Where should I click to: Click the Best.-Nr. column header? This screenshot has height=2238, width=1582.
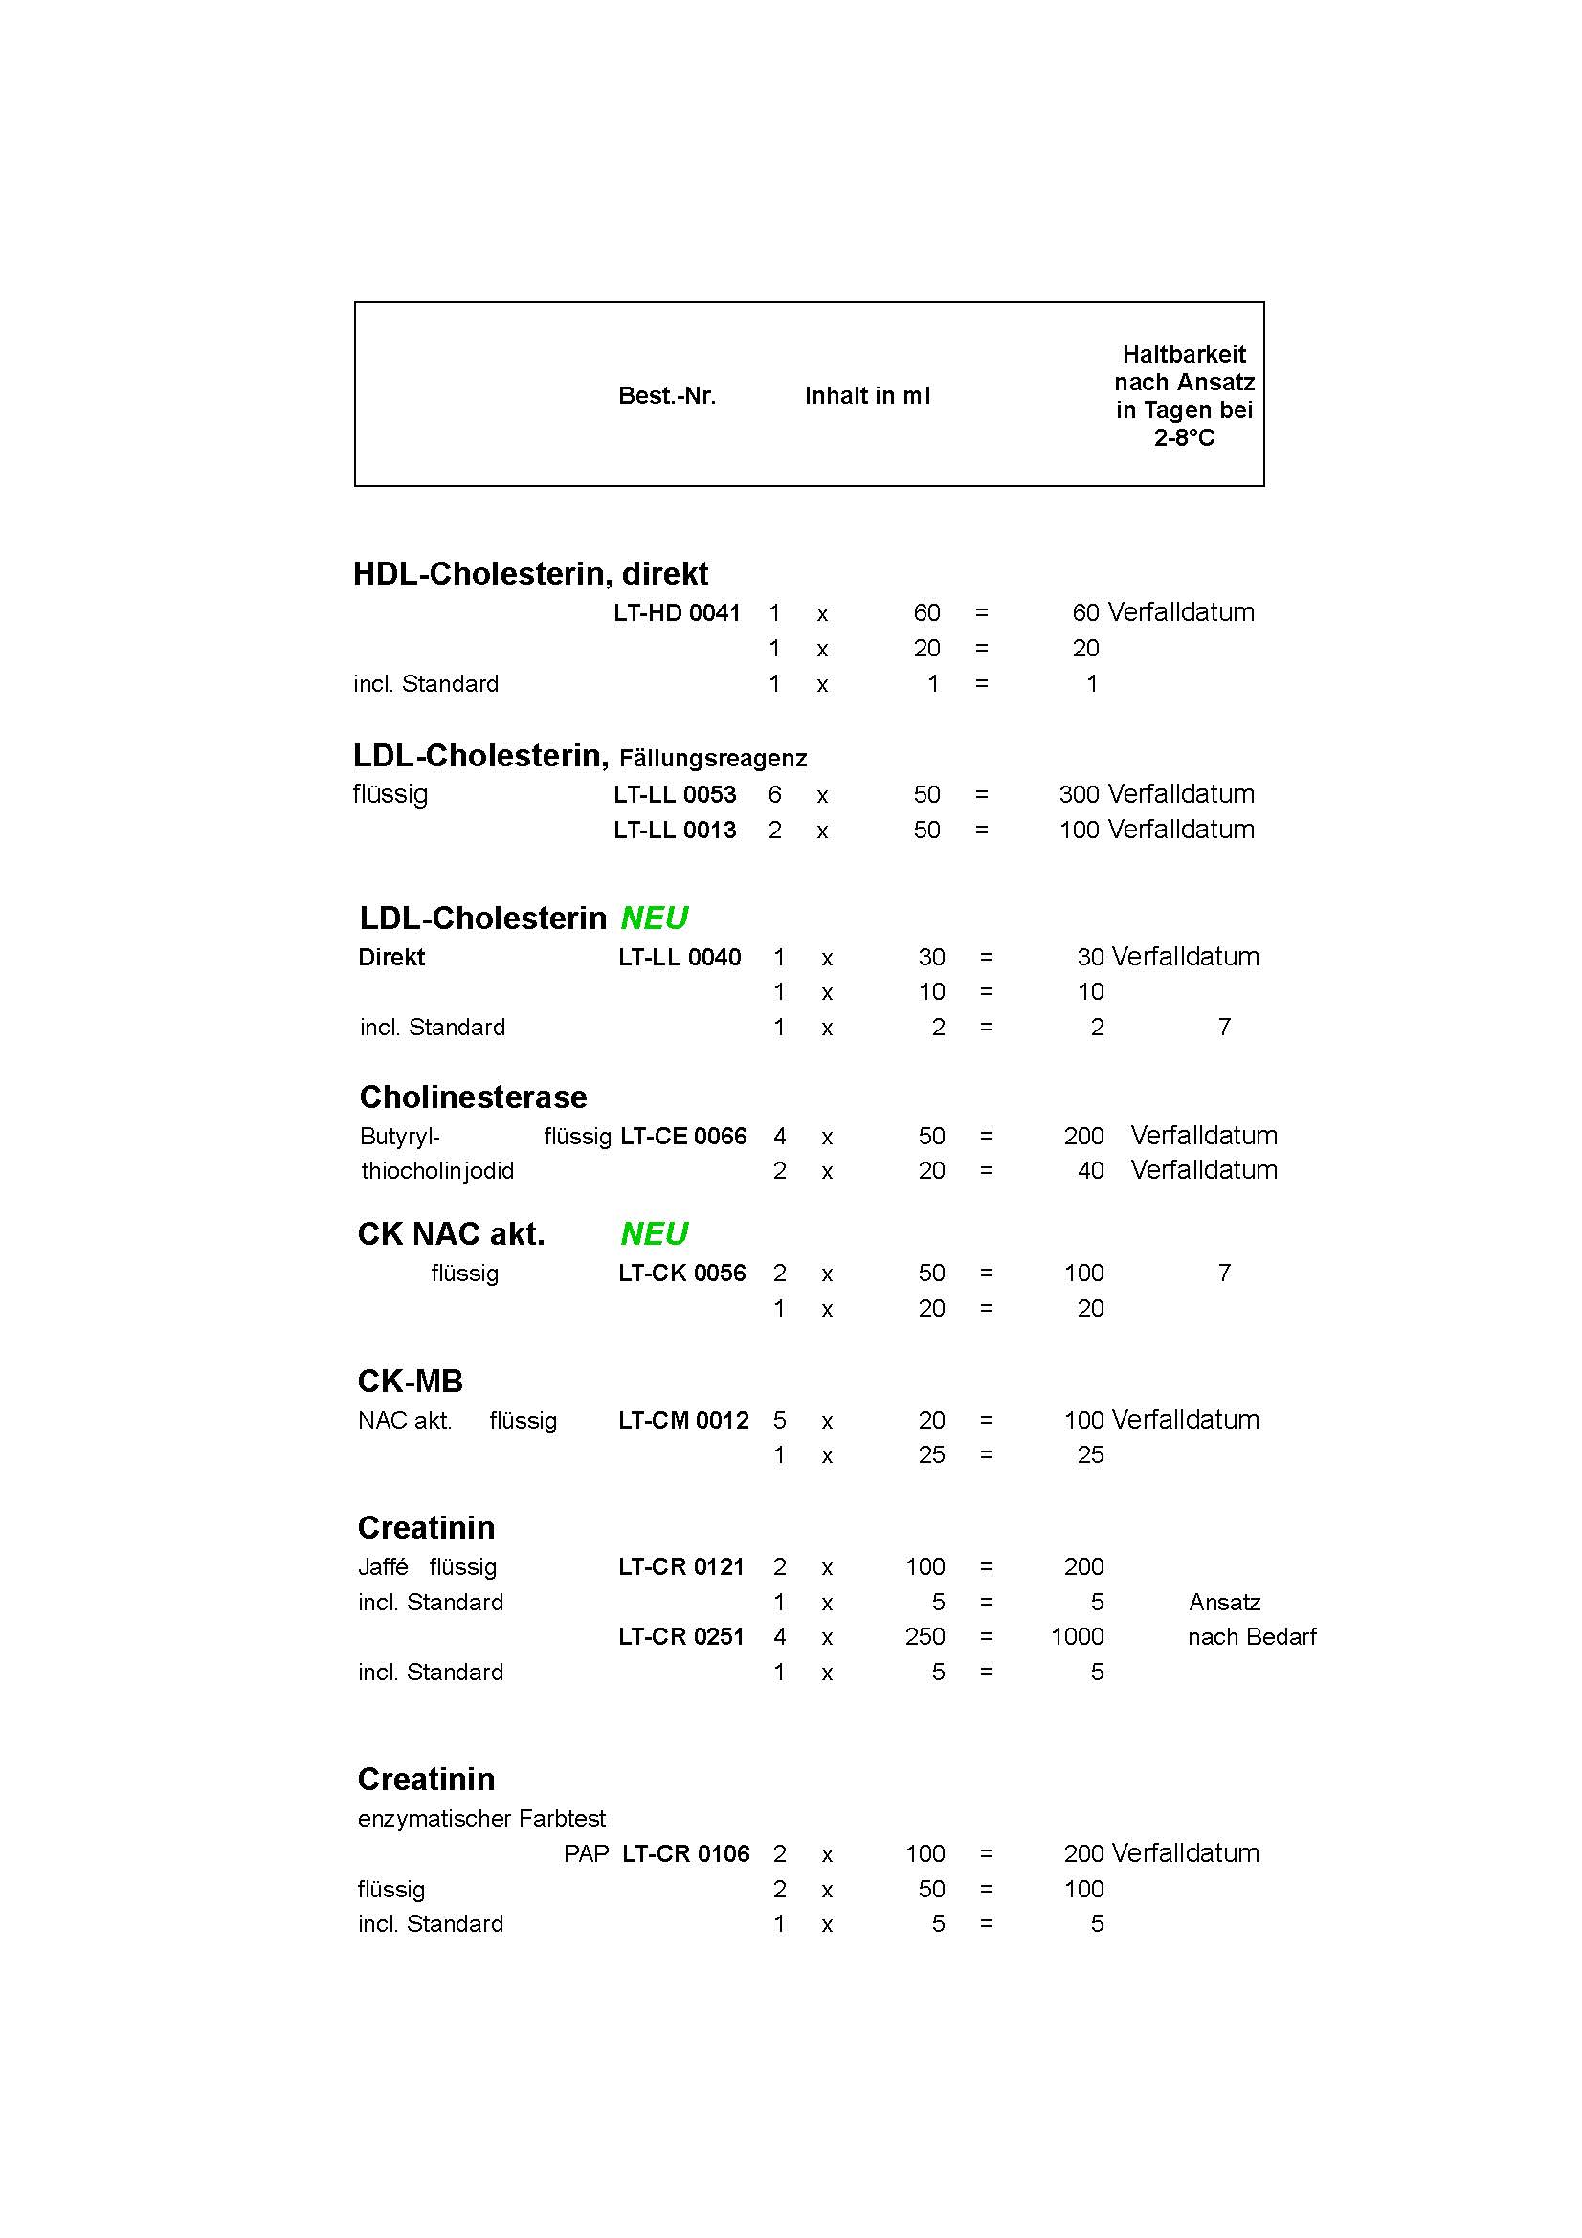coord(667,396)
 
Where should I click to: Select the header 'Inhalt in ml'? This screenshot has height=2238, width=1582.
coord(867,396)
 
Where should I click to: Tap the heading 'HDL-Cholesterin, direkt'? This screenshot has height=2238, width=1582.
coord(530,573)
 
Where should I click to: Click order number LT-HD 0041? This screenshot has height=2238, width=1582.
coord(677,613)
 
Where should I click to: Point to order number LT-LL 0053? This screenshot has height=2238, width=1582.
coord(675,794)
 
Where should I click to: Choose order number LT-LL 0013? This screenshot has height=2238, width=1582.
coord(675,830)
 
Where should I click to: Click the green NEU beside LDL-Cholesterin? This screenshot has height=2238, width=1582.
coord(654,919)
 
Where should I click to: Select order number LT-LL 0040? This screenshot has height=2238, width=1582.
coord(680,957)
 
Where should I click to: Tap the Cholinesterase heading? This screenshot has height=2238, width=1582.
coord(473,1097)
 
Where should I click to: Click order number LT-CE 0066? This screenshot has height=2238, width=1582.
coord(683,1136)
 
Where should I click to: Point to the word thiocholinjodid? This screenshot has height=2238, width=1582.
coord(437,1170)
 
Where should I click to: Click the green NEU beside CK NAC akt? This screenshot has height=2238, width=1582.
coord(654,1234)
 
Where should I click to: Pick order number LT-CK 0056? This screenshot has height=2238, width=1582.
coord(681,1273)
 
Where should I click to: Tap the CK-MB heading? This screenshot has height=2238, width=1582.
coord(411,1382)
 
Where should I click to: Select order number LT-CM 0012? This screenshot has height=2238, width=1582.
coord(683,1420)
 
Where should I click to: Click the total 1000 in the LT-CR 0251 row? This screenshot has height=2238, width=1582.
coord(1077,1636)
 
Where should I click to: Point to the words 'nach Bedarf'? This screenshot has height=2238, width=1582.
coord(1252,1636)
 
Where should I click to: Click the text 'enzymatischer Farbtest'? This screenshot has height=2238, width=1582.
coord(481,1818)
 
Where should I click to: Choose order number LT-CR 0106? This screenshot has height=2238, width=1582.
coord(685,1854)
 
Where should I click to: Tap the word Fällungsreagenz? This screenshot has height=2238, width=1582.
coord(713,759)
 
